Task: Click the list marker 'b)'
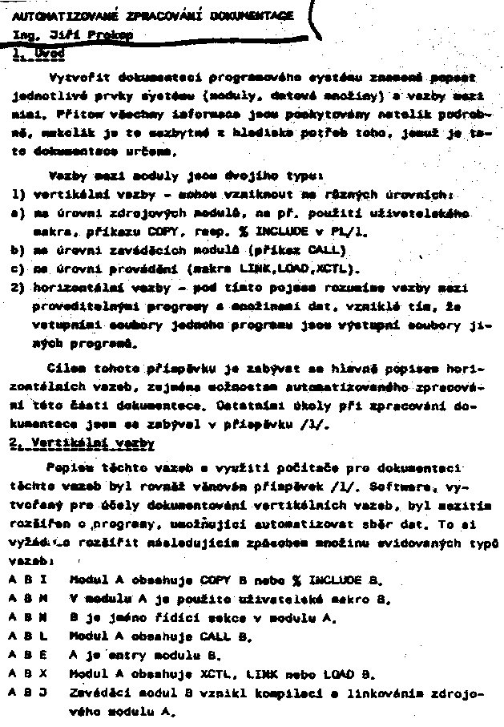(x=17, y=249)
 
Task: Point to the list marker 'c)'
(x=17, y=268)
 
